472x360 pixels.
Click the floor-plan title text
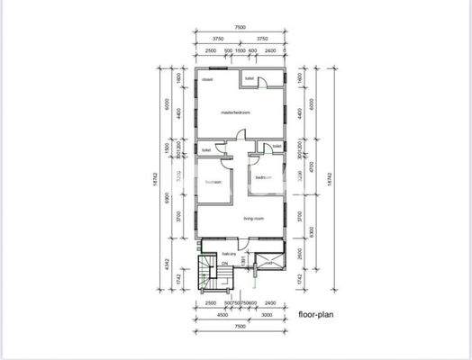point(320,316)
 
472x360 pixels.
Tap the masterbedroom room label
point(235,112)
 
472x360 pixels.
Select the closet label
point(207,80)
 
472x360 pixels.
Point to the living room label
point(253,219)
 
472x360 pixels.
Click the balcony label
point(230,254)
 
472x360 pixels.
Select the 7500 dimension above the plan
point(240,28)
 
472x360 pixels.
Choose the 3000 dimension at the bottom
point(267,316)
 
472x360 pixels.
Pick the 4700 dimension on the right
point(311,166)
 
